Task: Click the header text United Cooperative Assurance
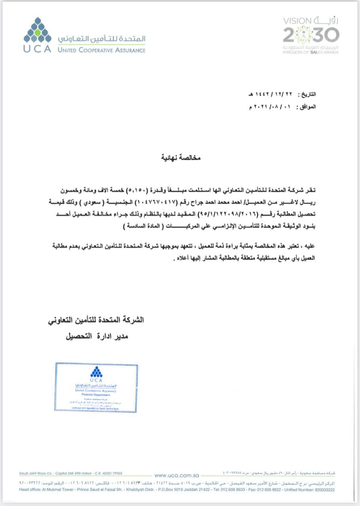(x=101, y=50)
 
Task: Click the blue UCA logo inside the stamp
(x=96, y=372)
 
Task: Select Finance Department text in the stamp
(x=97, y=395)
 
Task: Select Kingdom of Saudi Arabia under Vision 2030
(x=311, y=52)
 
